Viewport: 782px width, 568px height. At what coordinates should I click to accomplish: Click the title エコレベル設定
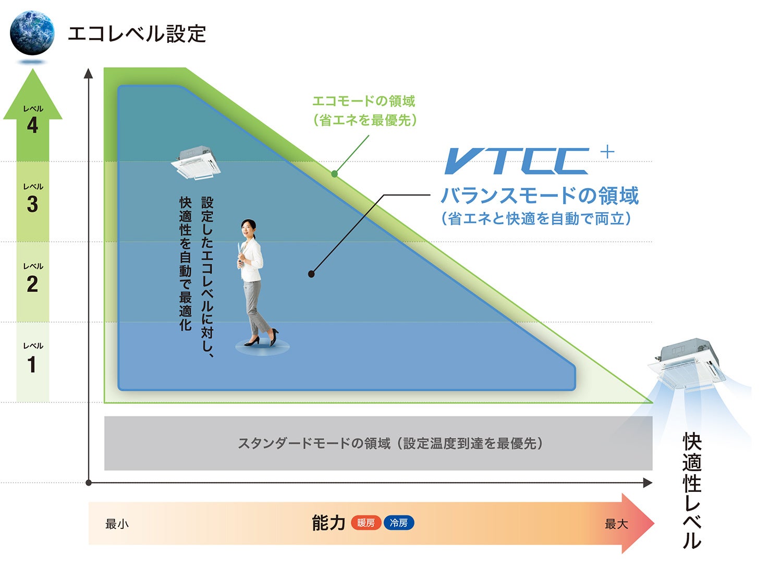click(137, 34)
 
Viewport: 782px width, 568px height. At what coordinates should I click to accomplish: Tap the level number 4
click(32, 126)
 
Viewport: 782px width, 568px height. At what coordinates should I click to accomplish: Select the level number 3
click(32, 204)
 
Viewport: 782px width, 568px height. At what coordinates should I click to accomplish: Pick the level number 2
click(32, 285)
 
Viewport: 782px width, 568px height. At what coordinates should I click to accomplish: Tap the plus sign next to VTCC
click(607, 152)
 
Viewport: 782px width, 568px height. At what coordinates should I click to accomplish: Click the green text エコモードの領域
click(363, 101)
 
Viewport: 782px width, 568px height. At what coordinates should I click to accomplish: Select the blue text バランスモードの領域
click(540, 196)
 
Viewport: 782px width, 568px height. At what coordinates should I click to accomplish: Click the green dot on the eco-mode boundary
click(334, 174)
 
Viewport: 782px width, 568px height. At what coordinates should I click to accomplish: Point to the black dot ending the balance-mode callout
click(311, 274)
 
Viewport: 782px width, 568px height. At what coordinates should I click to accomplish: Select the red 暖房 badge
click(366, 523)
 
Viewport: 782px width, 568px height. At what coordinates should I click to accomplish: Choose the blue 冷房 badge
click(399, 523)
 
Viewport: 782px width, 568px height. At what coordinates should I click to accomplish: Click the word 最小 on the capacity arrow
click(117, 524)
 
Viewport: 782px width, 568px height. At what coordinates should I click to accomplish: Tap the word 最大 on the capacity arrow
click(616, 524)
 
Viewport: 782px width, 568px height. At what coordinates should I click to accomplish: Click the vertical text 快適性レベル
click(692, 490)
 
